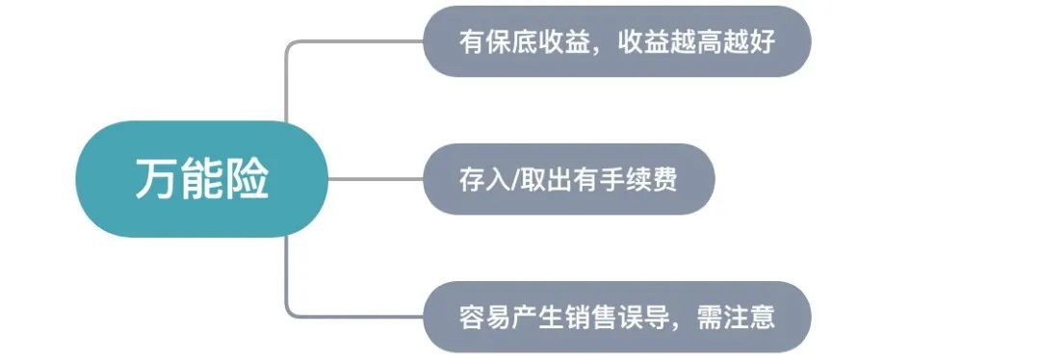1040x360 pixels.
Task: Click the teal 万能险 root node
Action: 201,179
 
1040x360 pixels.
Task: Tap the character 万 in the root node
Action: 156,180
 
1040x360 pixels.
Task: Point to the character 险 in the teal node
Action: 247,180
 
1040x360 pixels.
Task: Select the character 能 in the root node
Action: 201,180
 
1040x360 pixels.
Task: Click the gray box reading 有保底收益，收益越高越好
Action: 617,41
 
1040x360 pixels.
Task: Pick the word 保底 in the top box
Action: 510,42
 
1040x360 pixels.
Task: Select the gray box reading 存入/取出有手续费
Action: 568,179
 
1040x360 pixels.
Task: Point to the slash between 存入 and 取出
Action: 514,180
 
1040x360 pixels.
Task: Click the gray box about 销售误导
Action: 617,317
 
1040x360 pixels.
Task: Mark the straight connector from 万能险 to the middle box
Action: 376,179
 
